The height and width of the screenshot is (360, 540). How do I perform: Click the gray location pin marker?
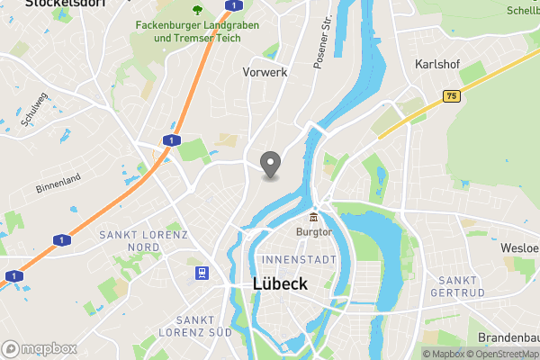click(270, 164)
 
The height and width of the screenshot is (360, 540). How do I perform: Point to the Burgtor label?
click(314, 231)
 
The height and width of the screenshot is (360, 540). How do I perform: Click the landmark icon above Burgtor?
click(314, 217)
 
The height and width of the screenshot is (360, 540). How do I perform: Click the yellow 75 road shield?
click(451, 94)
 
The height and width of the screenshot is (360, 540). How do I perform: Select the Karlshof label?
click(437, 65)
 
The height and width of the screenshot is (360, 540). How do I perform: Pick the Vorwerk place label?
click(265, 72)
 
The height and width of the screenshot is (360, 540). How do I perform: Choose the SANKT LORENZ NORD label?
click(143, 241)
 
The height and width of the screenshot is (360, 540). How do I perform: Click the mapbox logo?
click(38, 348)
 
